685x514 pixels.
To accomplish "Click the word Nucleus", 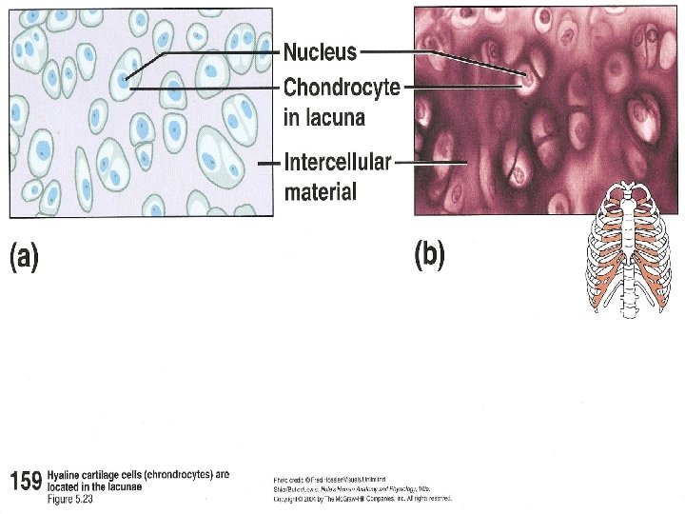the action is click(321, 52).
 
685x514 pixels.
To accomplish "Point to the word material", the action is click(321, 191).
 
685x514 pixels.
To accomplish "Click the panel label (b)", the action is click(429, 256).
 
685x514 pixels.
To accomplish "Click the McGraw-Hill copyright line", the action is click(362, 498).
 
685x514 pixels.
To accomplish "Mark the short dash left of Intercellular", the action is click(269, 162).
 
